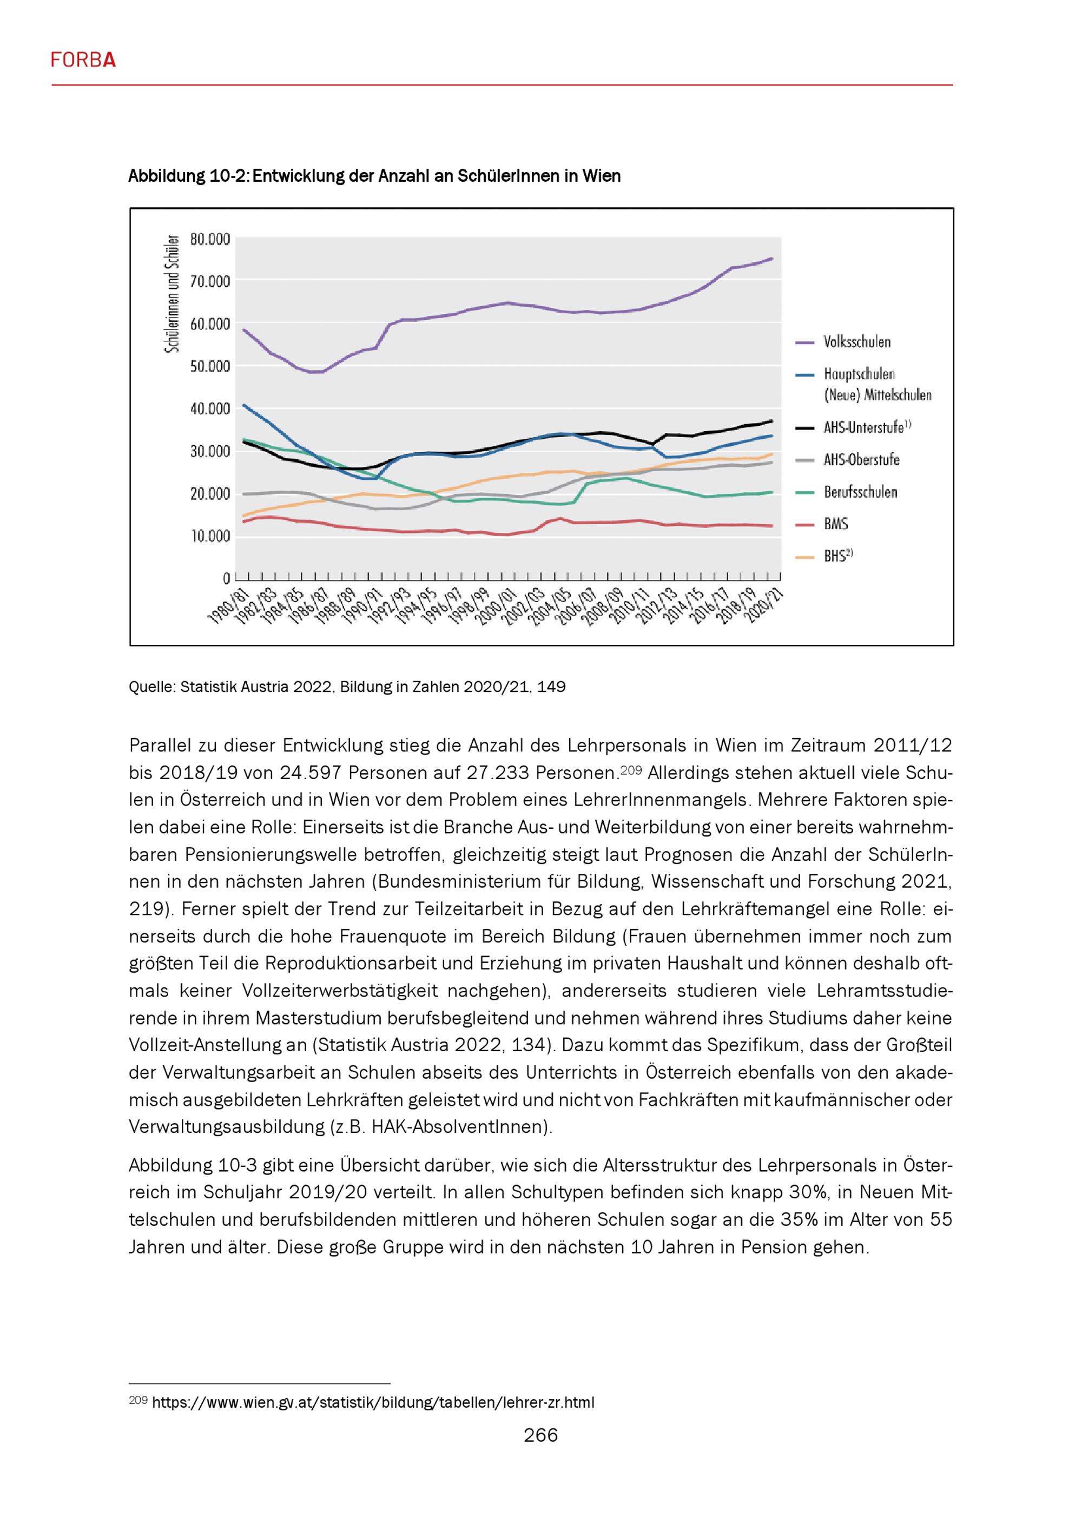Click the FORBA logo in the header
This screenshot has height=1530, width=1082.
point(83,61)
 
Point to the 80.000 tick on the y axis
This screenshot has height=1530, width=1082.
point(210,239)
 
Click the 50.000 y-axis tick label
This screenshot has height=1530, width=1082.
point(210,366)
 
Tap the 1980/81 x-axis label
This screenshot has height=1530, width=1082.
point(228,606)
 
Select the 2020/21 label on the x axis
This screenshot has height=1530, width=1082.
point(764,606)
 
